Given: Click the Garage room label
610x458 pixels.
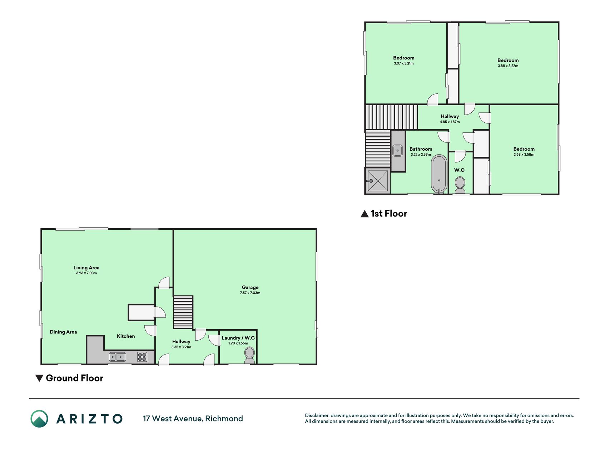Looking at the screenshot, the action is pos(250,287).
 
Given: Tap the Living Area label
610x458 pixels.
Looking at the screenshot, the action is pos(86,268).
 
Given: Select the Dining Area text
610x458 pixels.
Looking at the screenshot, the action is pos(63,332).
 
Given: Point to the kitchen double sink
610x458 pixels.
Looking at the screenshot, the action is pos(118,357).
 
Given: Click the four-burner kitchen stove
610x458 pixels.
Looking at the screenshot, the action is pos(142,357).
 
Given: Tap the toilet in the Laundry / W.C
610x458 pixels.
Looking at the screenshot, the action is pos(249,355).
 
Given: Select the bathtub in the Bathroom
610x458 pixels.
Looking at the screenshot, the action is pos(439,174).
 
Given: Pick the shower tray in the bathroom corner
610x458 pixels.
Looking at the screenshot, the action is pos(378,181).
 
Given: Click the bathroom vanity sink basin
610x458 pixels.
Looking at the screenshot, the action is pos(398,150).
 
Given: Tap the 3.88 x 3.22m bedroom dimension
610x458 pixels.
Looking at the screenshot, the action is pos(508,66).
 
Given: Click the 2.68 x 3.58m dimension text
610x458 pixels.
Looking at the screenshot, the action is pos(524,155).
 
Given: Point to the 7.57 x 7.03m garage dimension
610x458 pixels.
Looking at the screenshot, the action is pos(250,293).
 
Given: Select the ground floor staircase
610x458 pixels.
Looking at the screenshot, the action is pos(183,312).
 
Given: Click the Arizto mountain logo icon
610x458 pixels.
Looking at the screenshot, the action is pos(39,419).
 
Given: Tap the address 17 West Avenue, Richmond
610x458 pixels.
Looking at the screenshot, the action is pos(193,419).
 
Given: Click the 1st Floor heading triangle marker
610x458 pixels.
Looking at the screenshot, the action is pos(364,214).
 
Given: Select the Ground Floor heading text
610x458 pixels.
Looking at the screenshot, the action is pos(74,378).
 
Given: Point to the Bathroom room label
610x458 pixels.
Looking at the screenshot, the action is pos(421,149).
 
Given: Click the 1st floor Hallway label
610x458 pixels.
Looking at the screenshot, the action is pos(450,117).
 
